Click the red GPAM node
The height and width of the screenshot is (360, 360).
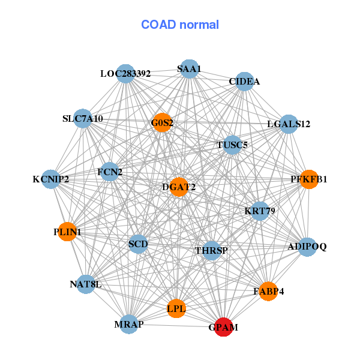point(224,327)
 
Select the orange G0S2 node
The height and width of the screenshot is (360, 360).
point(162,123)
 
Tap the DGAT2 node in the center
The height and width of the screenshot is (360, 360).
point(179,187)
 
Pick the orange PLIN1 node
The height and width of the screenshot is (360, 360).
point(67,232)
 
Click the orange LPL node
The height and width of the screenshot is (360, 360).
point(176,308)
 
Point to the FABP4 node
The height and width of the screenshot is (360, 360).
point(268,291)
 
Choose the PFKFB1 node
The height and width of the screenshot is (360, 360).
point(308,179)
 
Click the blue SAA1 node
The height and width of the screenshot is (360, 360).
point(189,69)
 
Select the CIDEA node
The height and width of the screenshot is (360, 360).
point(244,81)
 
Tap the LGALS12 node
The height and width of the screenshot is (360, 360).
point(289,124)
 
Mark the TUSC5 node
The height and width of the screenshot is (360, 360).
point(232,145)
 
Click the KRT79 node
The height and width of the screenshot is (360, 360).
point(260,211)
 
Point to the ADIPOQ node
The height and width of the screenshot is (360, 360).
point(307,247)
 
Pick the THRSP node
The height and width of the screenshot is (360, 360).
point(211,250)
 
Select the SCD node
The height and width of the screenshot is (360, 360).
point(138,244)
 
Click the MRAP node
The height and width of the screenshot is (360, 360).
point(129,325)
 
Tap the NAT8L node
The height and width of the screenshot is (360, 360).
point(86,284)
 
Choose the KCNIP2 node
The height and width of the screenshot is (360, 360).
point(51,179)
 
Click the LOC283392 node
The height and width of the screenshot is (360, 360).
point(125,74)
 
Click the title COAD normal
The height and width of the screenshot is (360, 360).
point(180,25)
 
